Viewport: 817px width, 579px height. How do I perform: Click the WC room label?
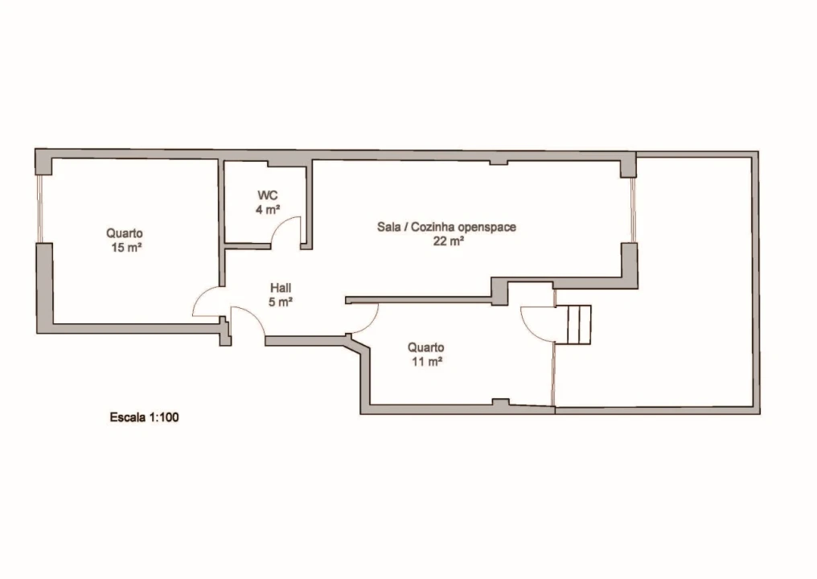tap(268, 195)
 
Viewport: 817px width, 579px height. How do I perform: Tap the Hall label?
tap(281, 288)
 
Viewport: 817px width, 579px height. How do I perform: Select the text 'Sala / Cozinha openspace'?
tap(446, 227)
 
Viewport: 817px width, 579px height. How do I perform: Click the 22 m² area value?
tap(447, 240)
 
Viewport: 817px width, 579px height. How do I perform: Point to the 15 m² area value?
tap(126, 248)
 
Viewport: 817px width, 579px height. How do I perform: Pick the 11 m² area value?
tap(426, 362)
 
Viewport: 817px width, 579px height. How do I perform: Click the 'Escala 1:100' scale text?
tap(143, 417)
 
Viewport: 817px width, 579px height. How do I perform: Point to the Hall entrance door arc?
tap(248, 322)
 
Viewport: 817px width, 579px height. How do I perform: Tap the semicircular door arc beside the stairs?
tap(536, 324)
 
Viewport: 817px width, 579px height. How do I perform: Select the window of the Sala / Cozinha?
tap(633, 210)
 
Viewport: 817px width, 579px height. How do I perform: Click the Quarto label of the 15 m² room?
tap(125, 233)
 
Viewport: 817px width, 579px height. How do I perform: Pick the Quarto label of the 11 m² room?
tap(426, 347)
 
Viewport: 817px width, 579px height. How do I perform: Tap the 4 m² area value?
tap(268, 210)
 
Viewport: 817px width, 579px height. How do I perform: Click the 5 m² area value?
tap(281, 302)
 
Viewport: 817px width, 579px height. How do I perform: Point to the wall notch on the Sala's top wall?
tap(499, 162)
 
